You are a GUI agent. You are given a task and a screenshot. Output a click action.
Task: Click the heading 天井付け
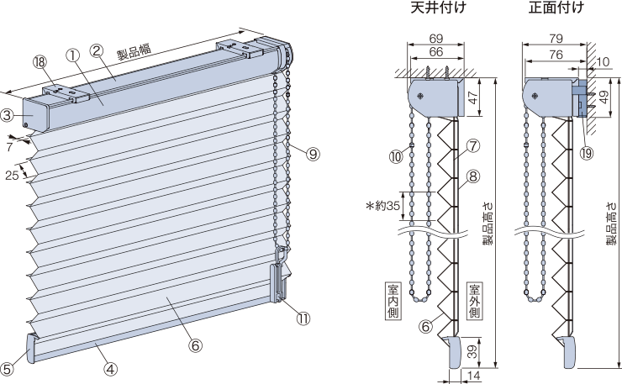tap(438, 8)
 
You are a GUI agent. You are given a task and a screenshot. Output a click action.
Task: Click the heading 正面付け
tap(556, 8)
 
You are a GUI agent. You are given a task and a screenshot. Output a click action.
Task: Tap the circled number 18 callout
tap(40, 62)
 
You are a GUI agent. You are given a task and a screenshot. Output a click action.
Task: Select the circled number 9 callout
tap(313, 154)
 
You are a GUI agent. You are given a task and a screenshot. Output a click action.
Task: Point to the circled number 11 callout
tap(303, 318)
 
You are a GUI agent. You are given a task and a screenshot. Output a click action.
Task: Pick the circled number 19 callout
tap(586, 152)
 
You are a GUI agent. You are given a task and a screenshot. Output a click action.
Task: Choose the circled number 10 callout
tap(396, 156)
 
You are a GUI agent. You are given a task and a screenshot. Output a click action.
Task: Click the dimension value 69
tap(436, 39)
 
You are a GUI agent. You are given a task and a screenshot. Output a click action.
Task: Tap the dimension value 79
tap(556, 39)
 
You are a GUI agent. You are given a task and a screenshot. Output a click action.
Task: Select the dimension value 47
tap(472, 97)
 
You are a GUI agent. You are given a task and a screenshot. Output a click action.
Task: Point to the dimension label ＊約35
tap(382, 207)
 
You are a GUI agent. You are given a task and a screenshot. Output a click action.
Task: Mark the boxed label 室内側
tap(393, 300)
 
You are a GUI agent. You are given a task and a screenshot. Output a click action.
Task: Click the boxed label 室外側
tap(473, 300)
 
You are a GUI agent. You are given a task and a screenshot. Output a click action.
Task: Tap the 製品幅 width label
tap(134, 51)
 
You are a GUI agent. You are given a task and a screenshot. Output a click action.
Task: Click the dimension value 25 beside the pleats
tap(12, 175)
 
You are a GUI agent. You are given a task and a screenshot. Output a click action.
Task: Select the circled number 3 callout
tap(7, 115)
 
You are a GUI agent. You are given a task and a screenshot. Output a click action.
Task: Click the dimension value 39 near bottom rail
tap(472, 351)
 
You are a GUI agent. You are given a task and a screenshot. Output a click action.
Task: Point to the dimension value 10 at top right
tap(602, 61)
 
